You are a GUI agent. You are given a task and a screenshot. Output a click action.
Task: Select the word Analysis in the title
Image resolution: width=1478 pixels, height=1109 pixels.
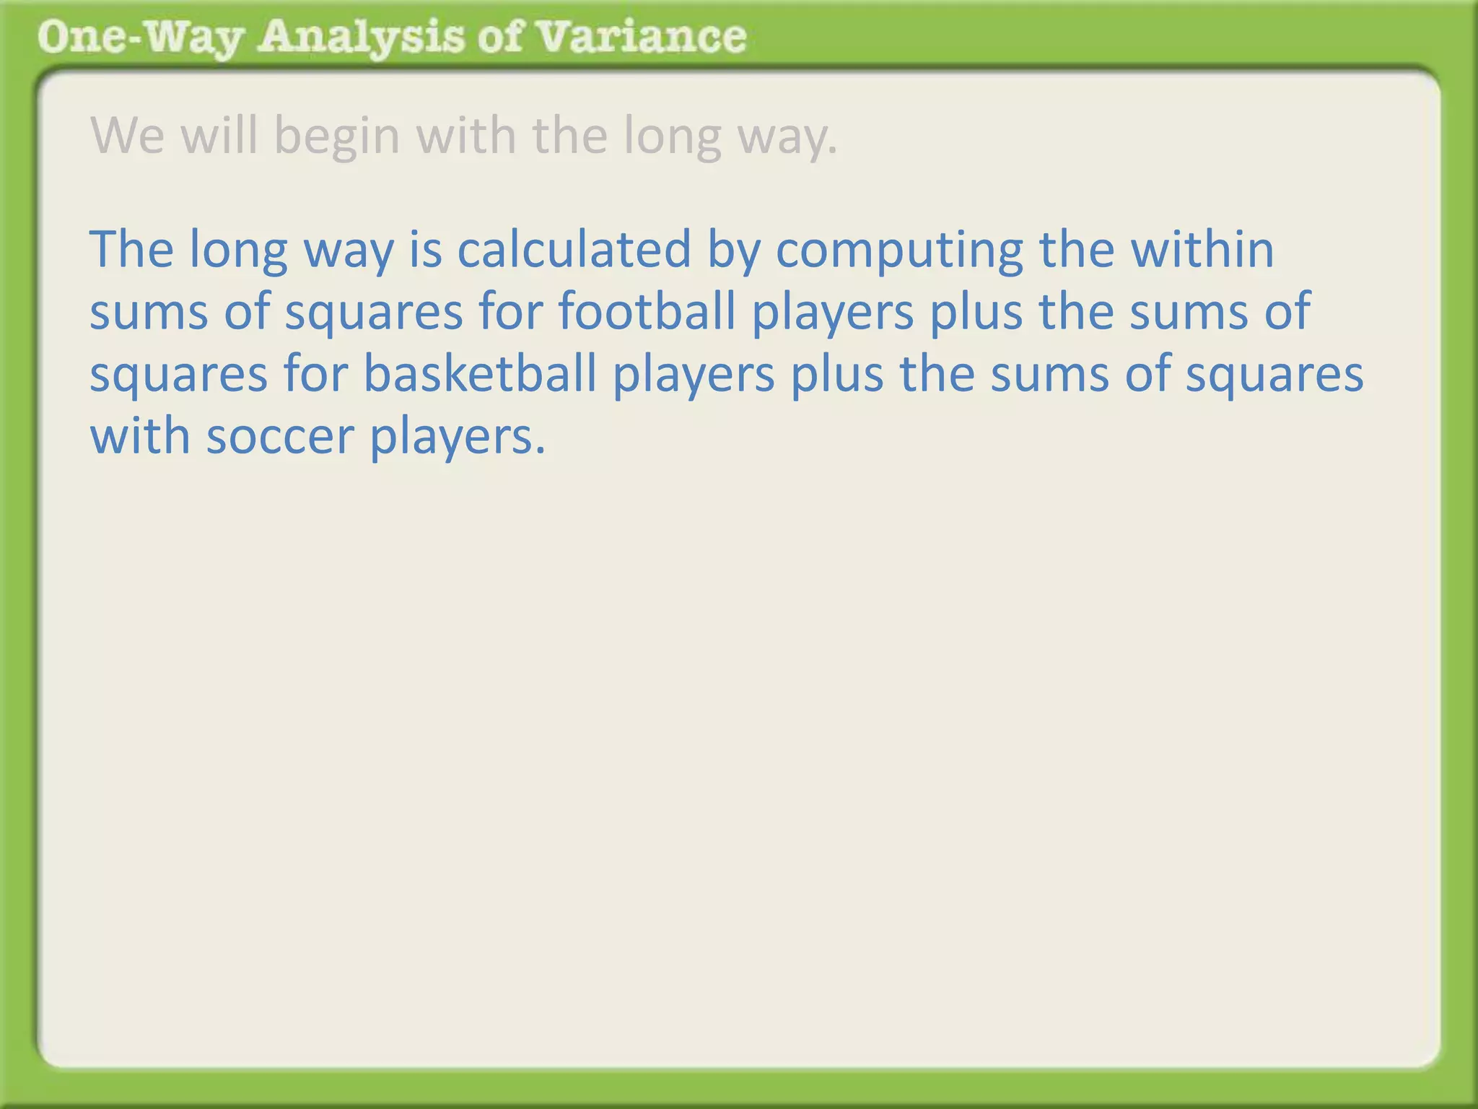361,38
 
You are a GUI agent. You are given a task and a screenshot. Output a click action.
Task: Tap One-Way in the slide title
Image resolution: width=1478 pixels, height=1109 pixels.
139,38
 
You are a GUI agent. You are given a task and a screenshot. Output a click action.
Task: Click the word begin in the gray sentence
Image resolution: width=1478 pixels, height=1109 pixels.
337,136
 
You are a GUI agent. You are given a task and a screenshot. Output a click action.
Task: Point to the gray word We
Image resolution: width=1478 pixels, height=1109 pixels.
128,136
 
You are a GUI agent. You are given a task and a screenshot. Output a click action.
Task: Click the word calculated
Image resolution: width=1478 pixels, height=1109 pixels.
574,249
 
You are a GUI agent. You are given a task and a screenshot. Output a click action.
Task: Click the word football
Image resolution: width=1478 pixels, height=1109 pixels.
647,312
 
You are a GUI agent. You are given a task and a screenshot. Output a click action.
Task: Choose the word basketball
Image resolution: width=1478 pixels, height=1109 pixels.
479,374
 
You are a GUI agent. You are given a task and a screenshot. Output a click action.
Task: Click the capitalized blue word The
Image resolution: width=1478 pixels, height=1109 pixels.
131,249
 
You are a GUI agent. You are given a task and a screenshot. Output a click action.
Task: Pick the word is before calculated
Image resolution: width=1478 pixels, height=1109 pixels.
426,249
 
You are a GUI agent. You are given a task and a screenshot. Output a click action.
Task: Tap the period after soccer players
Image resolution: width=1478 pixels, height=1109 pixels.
541,451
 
